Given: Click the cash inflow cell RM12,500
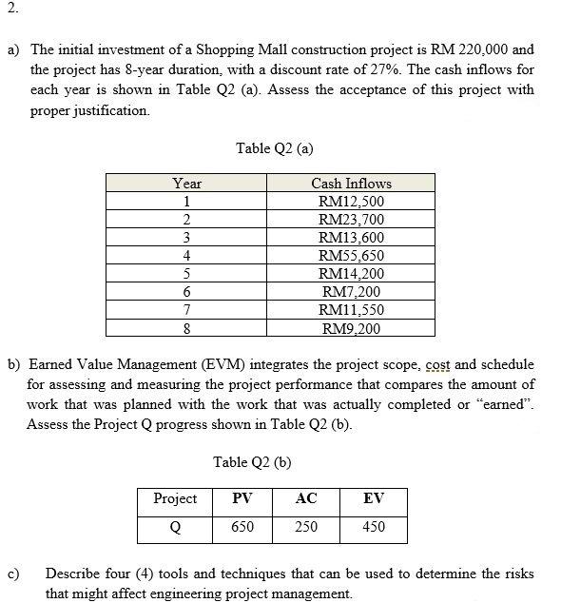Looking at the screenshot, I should [351, 202].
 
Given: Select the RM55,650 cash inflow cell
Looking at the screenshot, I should [351, 256].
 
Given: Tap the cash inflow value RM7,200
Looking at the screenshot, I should [351, 292].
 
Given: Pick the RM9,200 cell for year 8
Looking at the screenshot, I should [351, 329].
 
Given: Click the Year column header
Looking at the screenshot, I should [187, 184].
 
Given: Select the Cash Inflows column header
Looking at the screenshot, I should [351, 184].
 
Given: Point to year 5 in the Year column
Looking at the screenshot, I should [187, 274].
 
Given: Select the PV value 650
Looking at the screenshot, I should [242, 527].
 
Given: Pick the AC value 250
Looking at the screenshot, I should [305, 527].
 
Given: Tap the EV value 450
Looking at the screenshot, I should [374, 527].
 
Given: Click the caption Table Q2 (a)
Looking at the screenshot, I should [275, 147].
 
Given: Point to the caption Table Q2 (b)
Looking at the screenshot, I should [252, 462].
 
